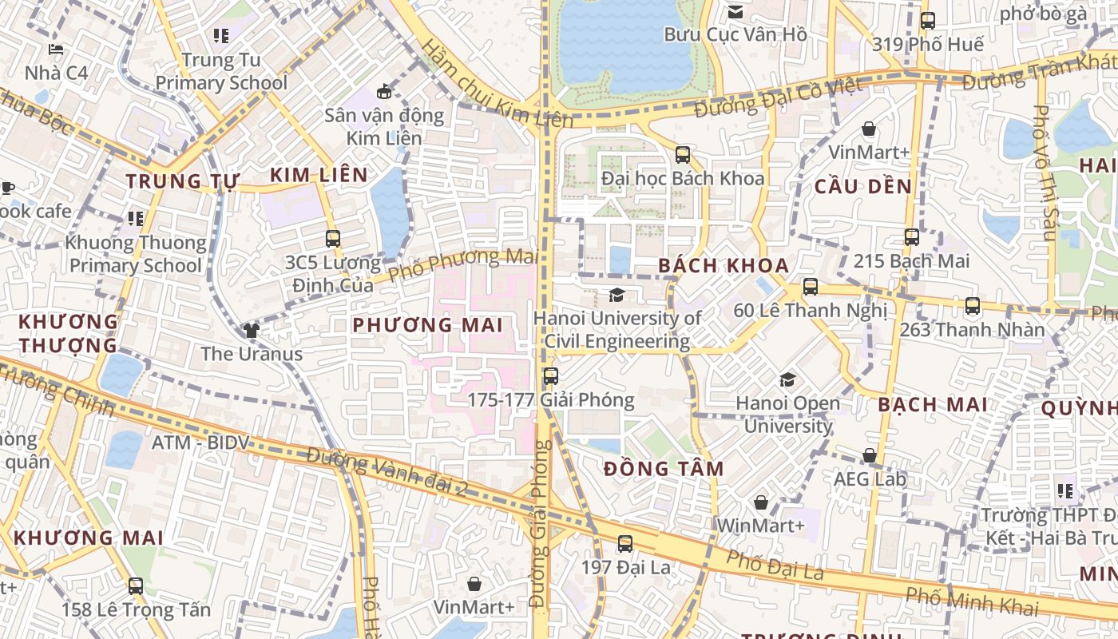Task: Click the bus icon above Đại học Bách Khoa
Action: [683, 155]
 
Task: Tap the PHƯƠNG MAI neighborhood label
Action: [427, 325]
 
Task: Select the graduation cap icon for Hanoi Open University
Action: [788, 379]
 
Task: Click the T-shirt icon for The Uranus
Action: [252, 330]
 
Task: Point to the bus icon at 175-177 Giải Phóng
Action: [550, 376]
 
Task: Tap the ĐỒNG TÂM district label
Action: [664, 469]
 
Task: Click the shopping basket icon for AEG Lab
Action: [870, 455]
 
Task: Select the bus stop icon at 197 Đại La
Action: [625, 544]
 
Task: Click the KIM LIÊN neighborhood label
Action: [319, 176]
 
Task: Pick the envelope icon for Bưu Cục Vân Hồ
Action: [735, 11]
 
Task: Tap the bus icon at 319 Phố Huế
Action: [927, 21]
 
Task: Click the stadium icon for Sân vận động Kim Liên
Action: [384, 91]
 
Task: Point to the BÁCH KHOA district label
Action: [724, 266]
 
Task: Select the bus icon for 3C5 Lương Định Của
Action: [333, 238]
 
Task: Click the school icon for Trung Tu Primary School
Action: [221, 36]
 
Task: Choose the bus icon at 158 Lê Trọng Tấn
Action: [136, 585]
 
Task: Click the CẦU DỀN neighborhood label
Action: [862, 187]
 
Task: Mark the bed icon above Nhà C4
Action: [55, 50]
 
